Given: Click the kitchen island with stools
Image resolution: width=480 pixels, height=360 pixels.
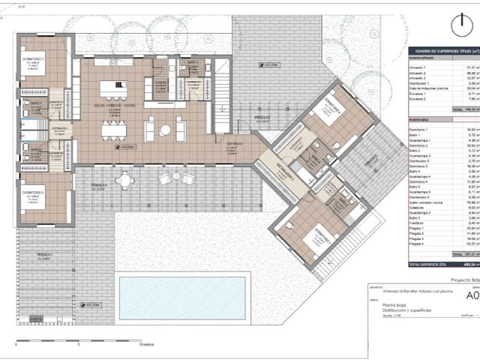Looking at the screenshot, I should pos(114,89).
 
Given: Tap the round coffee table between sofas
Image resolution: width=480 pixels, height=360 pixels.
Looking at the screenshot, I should pos(164,131).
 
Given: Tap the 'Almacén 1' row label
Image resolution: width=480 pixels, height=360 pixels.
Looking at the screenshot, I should pos(418,67).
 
